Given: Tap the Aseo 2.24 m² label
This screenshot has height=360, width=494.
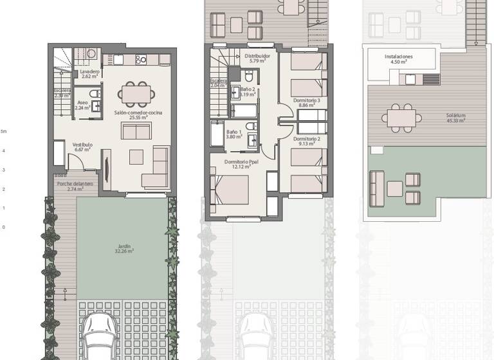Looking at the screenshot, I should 82,105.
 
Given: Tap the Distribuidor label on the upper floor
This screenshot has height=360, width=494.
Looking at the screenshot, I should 257,59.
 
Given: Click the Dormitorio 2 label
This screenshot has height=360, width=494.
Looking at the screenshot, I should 306,140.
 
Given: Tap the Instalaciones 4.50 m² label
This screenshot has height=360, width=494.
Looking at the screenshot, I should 399,59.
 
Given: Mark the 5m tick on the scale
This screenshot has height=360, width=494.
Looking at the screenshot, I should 4,132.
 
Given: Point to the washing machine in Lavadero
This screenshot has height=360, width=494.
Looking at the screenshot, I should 91,55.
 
